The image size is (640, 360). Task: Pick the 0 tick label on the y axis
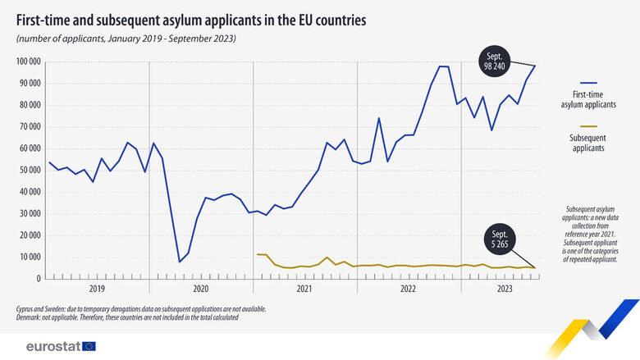click(38, 279)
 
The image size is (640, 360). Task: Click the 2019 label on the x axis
click(97, 289)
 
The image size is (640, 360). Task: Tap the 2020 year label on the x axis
click(201, 289)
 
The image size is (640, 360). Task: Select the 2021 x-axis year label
click(304, 289)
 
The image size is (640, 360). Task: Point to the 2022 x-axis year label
click(408, 289)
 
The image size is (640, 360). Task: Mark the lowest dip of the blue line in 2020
click(180, 262)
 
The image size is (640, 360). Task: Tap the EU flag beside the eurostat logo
click(89, 345)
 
